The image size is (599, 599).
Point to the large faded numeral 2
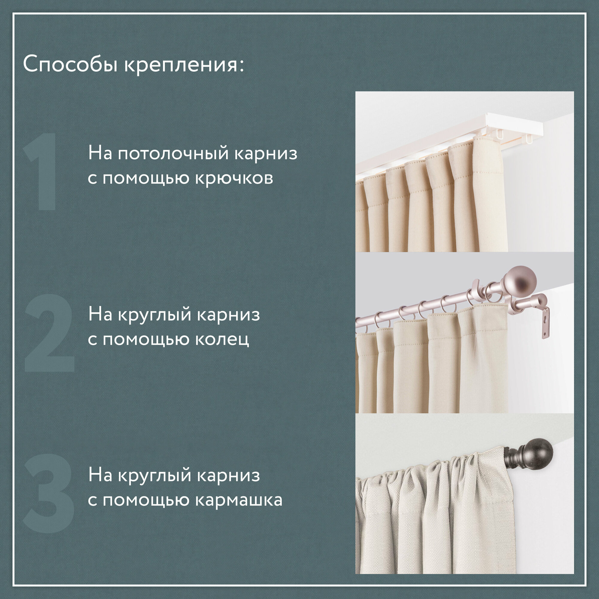[50, 333]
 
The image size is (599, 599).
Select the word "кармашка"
[239, 501]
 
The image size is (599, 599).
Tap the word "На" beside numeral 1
[100, 153]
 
